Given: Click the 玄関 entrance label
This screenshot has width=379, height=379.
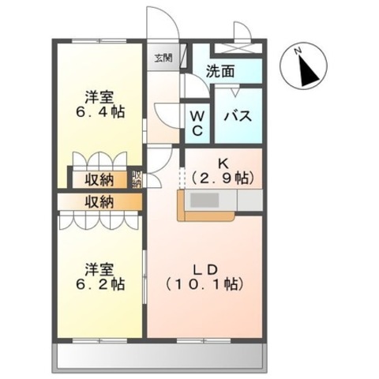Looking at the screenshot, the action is coord(163,58).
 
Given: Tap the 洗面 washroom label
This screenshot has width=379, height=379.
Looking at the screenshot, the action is coord(220,71).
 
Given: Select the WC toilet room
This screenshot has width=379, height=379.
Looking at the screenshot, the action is coord(197,123).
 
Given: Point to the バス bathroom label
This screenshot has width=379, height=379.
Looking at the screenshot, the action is coord(238,116).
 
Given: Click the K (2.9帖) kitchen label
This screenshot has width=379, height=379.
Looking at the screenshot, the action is coord(223,172).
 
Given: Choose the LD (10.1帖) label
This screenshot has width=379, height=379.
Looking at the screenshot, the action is coord(205,277).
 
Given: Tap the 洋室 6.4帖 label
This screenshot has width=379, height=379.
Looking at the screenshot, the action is coord(99,105).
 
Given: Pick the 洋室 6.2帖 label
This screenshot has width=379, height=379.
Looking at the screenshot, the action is coord(99,277).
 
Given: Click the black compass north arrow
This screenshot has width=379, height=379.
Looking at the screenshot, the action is coord(309,71).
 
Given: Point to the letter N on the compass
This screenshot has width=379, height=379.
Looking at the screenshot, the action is coord(298,51).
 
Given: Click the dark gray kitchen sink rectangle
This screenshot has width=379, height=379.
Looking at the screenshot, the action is coord(205,201).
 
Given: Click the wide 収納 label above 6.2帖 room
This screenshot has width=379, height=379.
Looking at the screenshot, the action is coord(99,202).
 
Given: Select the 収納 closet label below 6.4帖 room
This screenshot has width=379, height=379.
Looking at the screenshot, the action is coord(99,181).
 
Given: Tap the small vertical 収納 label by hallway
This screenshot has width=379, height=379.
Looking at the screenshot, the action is coord(137,179).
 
